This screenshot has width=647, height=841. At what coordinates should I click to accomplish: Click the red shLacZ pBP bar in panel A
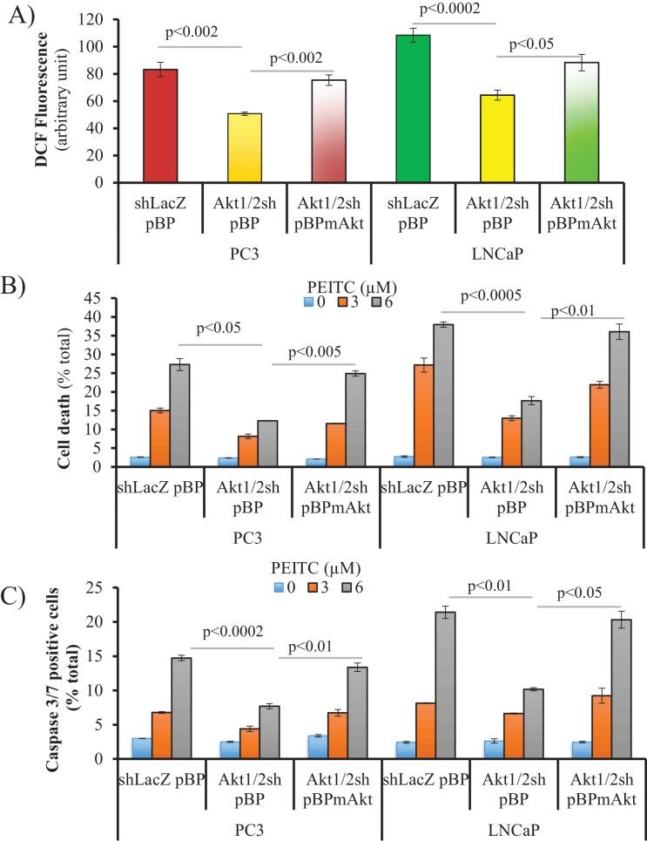[x=160, y=126]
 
